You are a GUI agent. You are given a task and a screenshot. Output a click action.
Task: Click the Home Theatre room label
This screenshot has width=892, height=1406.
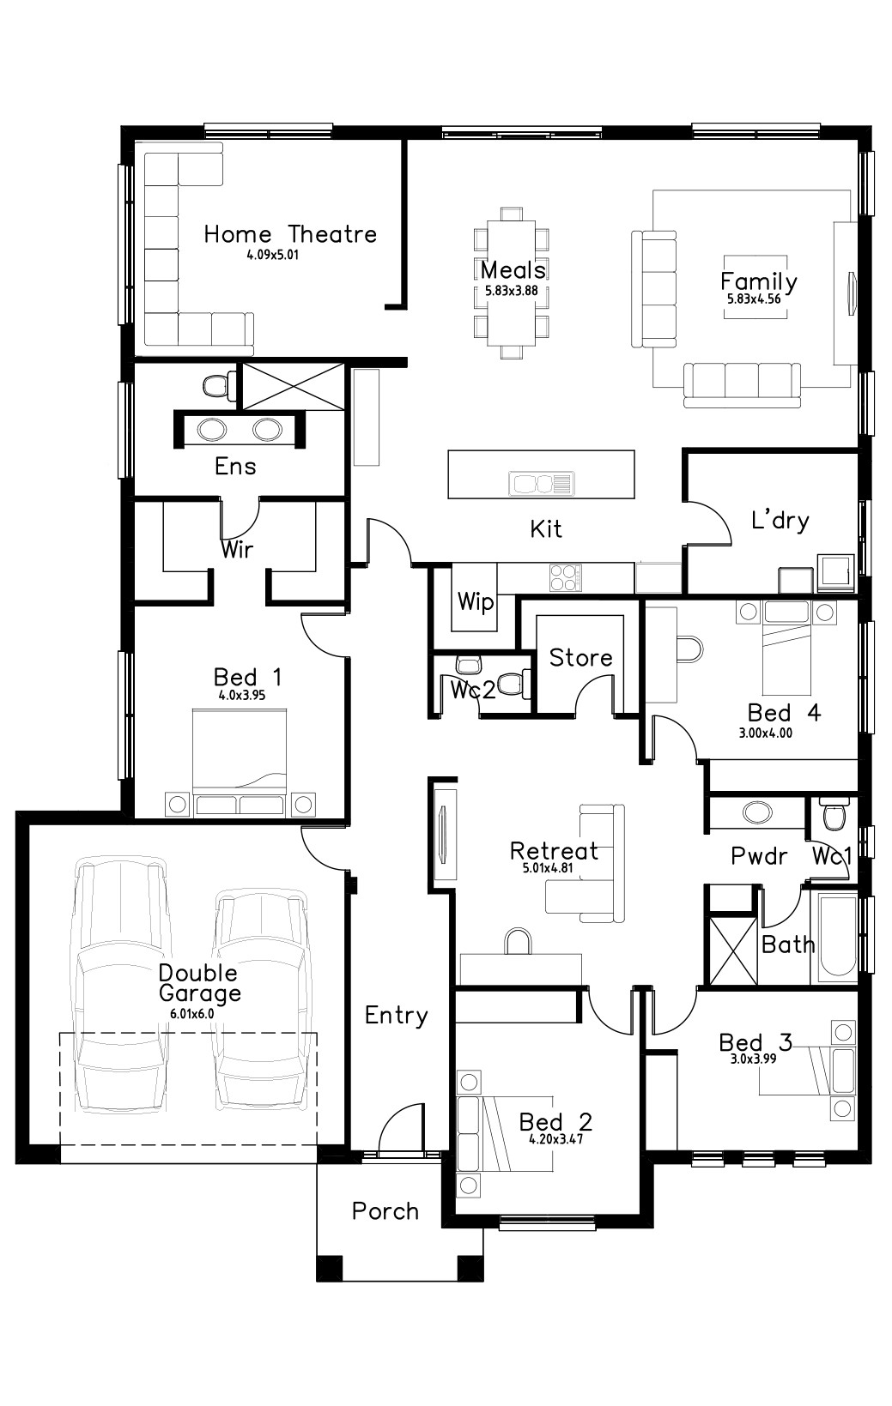click(290, 234)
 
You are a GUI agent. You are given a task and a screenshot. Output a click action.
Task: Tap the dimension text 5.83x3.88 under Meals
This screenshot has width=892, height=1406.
click(512, 291)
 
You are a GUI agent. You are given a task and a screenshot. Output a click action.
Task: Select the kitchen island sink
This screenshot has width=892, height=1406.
click(540, 484)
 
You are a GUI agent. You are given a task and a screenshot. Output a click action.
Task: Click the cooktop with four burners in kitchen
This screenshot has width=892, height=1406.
click(565, 576)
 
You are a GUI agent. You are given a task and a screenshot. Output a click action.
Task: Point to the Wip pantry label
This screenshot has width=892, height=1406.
click(475, 601)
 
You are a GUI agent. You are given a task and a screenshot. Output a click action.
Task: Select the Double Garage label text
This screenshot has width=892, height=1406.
click(199, 983)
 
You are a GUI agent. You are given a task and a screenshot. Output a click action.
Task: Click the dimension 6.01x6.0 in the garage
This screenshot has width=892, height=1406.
click(191, 1013)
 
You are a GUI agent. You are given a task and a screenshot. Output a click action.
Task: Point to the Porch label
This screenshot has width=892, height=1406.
click(385, 1211)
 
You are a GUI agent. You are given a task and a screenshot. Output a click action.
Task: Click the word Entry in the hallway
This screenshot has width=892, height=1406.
click(396, 1016)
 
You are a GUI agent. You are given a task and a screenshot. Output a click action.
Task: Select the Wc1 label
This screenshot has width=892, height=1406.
click(832, 855)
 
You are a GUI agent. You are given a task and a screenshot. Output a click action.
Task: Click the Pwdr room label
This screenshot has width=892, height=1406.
click(759, 855)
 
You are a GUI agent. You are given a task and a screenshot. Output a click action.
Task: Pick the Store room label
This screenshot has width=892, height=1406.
click(580, 658)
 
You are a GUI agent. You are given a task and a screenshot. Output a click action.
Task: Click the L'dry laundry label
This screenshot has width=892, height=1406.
click(780, 520)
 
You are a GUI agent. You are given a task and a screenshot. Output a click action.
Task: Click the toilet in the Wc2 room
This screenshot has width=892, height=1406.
click(513, 684)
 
